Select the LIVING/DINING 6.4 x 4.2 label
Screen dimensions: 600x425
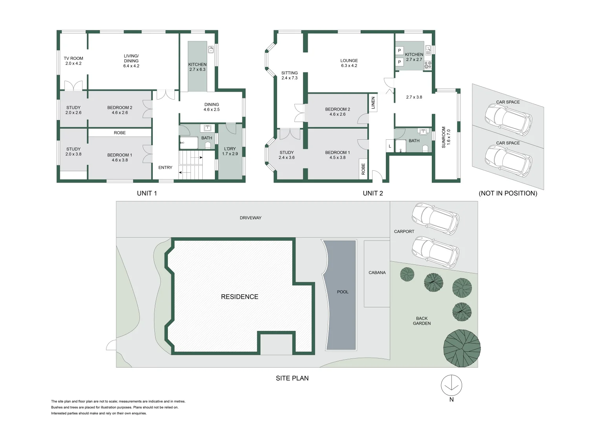(x=131, y=61)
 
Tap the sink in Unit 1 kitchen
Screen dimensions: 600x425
(x=211, y=49)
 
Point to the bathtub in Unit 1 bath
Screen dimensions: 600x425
(x=189, y=143)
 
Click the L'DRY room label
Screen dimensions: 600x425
(x=230, y=152)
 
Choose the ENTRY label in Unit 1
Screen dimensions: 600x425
(x=165, y=167)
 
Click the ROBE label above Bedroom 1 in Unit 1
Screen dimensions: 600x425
(x=120, y=133)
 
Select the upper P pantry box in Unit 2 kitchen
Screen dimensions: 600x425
(x=399, y=50)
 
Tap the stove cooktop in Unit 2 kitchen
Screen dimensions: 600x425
(x=428, y=65)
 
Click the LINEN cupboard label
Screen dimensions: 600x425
(x=373, y=103)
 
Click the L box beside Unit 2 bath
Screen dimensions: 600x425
(x=390, y=146)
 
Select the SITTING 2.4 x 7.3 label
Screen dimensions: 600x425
(x=290, y=76)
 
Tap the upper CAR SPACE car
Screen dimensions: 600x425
(x=508, y=119)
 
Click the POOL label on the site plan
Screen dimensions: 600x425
(x=343, y=292)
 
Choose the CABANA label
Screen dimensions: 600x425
(x=377, y=273)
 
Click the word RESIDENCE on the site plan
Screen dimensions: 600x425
(x=240, y=297)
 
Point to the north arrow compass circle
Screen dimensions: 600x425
(x=451, y=385)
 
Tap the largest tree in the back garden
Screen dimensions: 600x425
(x=462, y=348)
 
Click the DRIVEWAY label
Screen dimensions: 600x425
(x=250, y=218)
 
